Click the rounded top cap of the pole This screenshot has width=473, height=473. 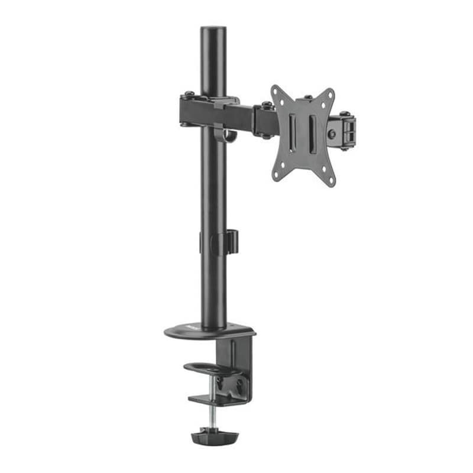pyautogui.click(x=213, y=31)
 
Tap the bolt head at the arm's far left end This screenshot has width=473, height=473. pyautogui.click(x=187, y=93)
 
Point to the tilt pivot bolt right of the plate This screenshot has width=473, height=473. pyautogui.click(x=333, y=134)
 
